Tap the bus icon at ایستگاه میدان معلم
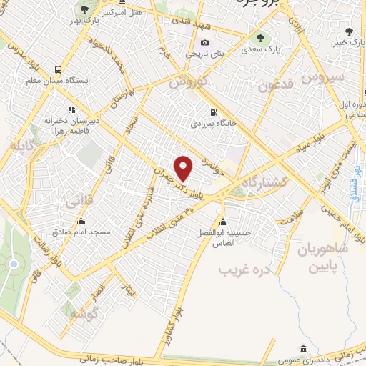click(x=57, y=69)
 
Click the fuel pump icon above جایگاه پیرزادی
click(x=214, y=112)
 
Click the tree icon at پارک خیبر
click(x=349, y=31)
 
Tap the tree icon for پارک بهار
click(x=85, y=9)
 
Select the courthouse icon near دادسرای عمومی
click(x=303, y=349)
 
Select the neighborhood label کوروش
click(x=189, y=83)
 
